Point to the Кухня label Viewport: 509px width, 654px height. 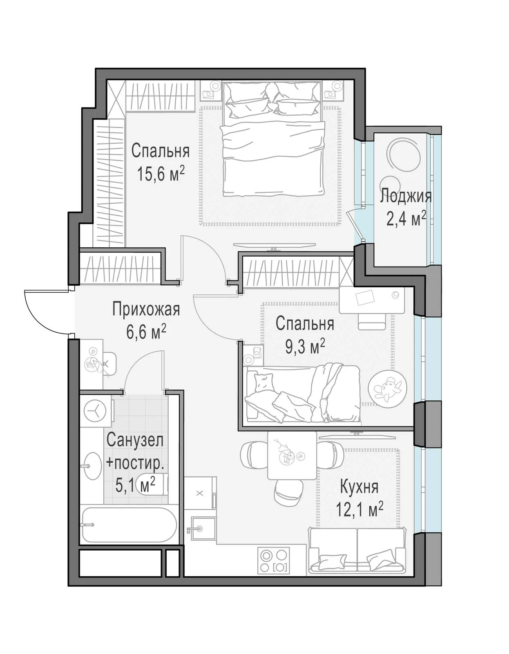pyautogui.click(x=359, y=488)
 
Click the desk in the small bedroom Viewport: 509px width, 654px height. pyautogui.click(x=372, y=300)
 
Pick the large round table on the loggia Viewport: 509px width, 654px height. pyautogui.click(x=403, y=155)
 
